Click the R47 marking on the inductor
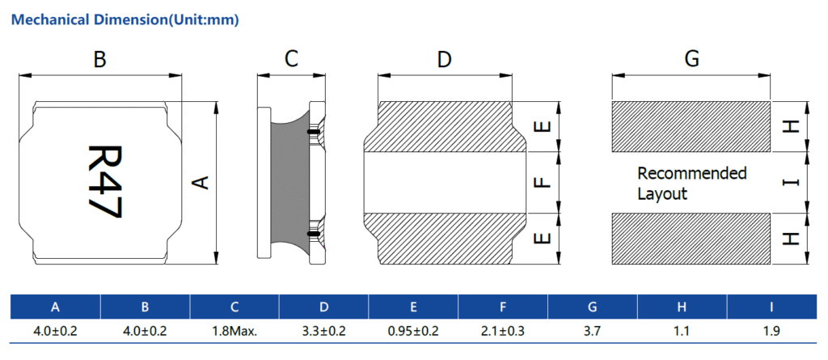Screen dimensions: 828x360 tap(104, 182)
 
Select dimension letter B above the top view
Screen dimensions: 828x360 tap(99, 60)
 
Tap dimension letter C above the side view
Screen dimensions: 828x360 tap(291, 59)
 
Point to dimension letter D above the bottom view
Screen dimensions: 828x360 tap(445, 60)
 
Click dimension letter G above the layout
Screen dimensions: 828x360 tap(692, 59)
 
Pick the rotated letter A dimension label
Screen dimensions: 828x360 tap(201, 182)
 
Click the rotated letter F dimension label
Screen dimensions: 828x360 tap(543, 182)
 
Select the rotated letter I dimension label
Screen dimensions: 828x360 tap(791, 182)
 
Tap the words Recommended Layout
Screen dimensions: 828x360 tap(692, 184)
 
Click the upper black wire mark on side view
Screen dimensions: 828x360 tap(313, 131)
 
